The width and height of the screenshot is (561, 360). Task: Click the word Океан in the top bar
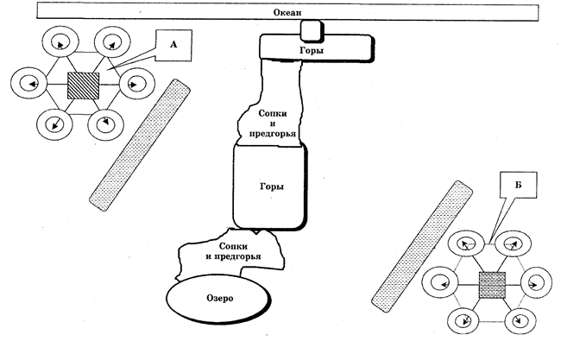click(287, 13)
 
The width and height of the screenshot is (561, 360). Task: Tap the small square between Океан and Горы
click(311, 30)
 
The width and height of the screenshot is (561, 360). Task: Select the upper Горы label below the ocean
click(312, 50)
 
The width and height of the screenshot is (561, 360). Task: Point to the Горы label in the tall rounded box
click(272, 186)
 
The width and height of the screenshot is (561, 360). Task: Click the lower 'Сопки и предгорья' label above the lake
click(233, 251)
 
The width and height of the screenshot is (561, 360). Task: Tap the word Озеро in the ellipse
click(220, 298)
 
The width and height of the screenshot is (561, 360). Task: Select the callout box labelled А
click(173, 45)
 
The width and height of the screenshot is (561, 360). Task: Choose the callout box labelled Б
click(519, 185)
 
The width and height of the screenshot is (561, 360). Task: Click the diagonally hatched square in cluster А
click(84, 85)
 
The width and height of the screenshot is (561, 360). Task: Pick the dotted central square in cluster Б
click(492, 285)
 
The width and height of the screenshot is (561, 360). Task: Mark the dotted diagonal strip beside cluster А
click(140, 145)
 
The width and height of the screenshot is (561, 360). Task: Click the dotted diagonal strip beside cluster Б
click(422, 246)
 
